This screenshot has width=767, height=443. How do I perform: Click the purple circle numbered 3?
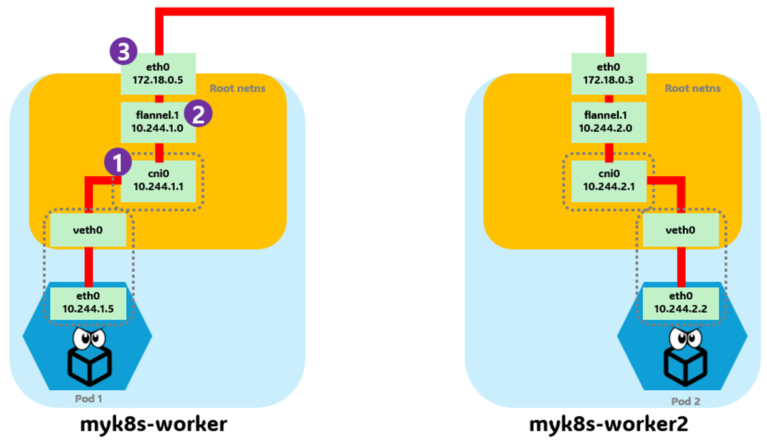coord(123,51)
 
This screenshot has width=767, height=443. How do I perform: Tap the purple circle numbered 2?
coord(198,114)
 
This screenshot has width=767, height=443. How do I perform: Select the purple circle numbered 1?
coord(118,162)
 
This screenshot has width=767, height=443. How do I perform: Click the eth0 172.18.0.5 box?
coord(158,74)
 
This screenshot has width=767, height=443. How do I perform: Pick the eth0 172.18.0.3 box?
coord(608,74)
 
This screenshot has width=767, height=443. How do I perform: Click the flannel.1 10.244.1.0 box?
coord(158,122)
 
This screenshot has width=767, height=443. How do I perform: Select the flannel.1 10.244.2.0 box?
coord(608,122)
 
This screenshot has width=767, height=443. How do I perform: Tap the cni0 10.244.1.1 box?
coord(158,180)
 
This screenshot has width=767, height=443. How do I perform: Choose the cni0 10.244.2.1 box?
coord(608,180)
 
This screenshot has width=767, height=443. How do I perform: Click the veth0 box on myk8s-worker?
coord(88,230)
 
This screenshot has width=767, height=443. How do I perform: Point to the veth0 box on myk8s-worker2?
coord(680,230)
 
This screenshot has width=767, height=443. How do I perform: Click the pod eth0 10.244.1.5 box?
coord(88,303)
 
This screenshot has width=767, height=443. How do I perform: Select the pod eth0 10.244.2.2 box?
coord(680,303)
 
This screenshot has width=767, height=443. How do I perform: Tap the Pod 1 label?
coord(89,398)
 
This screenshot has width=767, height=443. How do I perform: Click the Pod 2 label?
coord(686,401)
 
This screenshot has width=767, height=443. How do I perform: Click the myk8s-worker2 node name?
coord(608,424)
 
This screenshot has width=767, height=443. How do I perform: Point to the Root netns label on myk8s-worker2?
coord(692,88)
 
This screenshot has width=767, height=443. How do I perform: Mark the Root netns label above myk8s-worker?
coord(237,88)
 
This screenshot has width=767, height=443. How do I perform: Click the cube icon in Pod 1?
coord(89,365)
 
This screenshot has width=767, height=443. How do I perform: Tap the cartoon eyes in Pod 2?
coord(686,338)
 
